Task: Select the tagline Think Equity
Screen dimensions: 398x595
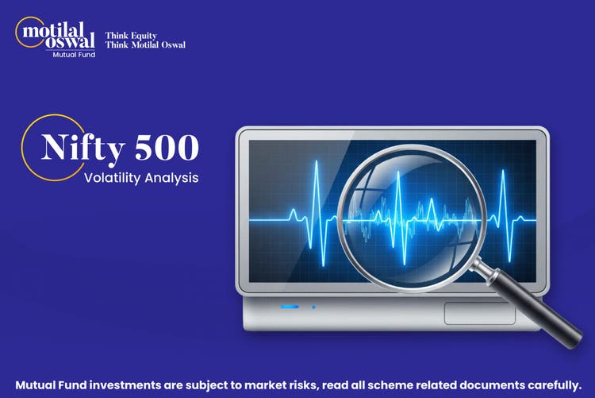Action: (x=131, y=36)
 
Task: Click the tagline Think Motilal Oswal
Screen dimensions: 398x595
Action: (x=145, y=44)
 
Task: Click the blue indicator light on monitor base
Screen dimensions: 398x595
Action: (x=290, y=307)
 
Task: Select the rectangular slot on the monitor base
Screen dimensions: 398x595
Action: (x=479, y=312)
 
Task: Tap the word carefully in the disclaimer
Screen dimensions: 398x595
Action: (x=547, y=382)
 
